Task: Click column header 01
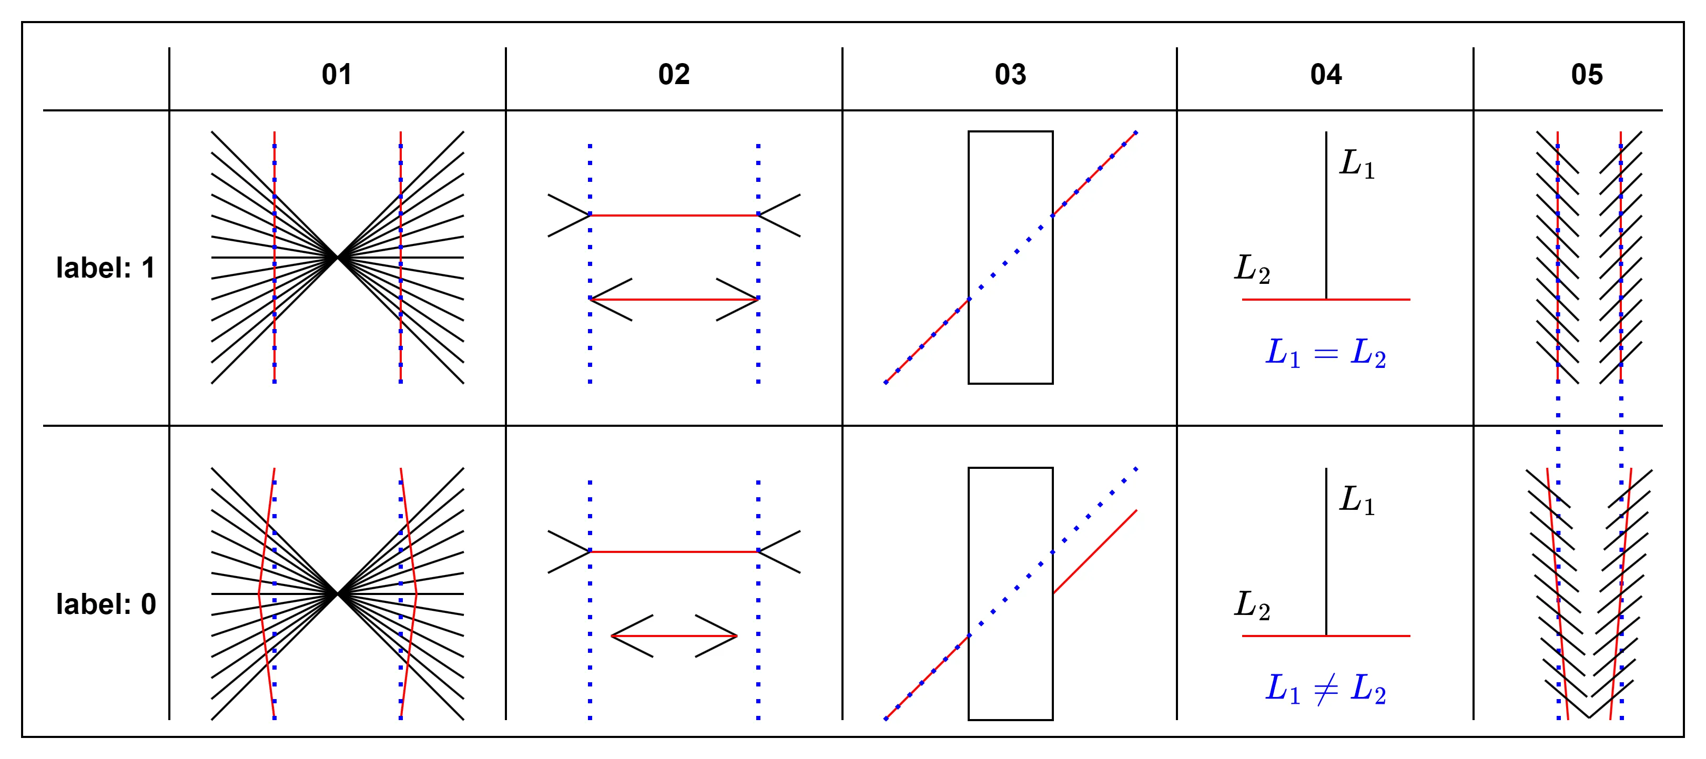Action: (337, 74)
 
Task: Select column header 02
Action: (674, 74)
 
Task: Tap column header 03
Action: (1010, 74)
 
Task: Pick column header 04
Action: (1326, 74)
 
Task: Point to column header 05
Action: (1587, 74)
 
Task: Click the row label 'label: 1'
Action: (105, 268)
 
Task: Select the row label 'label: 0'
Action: (106, 604)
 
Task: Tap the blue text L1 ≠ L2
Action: (1326, 689)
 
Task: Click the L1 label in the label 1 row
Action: (1357, 163)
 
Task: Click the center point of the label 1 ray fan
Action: (337, 258)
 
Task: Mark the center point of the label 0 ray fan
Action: (337, 593)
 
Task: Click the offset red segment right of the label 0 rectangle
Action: (1095, 551)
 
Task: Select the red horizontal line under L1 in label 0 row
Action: (1326, 636)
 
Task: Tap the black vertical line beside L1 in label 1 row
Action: (1326, 215)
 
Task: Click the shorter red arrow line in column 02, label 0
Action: (674, 636)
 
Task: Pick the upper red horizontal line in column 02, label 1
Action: (674, 215)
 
